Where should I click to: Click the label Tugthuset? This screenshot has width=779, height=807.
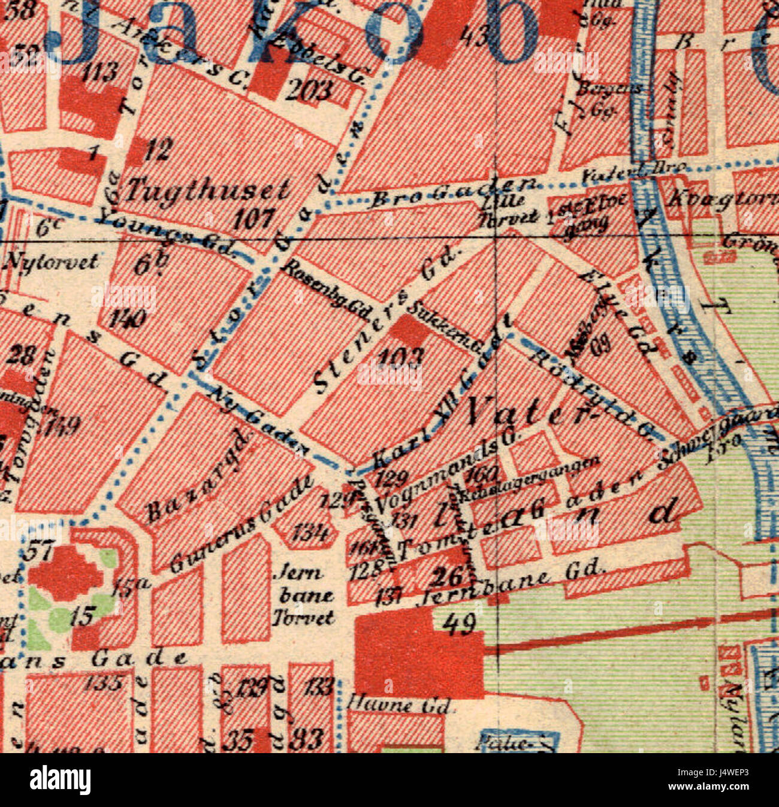coord(207,191)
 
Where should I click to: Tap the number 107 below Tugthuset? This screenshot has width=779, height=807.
coord(254,219)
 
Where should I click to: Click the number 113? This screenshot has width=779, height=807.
coord(99,72)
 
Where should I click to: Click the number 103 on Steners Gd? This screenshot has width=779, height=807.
coord(400,358)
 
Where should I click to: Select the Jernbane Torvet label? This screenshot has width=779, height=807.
coord(303,595)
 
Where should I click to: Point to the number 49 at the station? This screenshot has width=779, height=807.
coord(461,624)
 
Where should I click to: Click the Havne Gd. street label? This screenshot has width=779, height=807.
coord(399,704)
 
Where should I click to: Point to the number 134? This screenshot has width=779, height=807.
coord(309,531)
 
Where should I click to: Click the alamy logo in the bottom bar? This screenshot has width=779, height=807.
coord(61,780)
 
